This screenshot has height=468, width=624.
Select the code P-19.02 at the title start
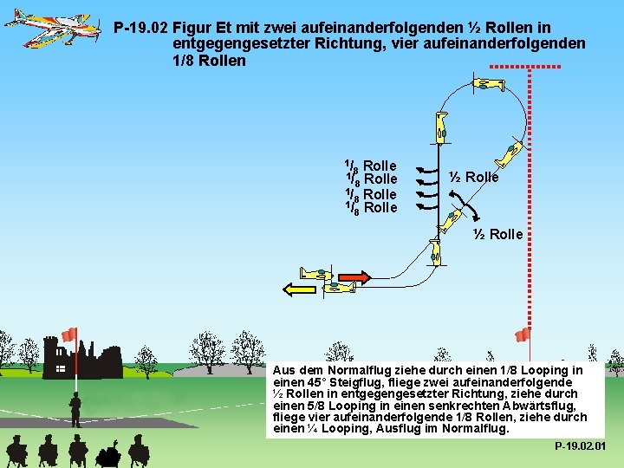(x=142, y=29)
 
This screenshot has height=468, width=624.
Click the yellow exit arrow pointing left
(x=302, y=289)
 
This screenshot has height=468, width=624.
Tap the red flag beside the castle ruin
(x=68, y=335)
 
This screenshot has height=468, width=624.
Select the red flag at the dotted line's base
(x=522, y=335)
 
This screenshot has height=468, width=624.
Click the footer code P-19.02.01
(x=580, y=446)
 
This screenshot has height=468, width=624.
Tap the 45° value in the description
(x=309, y=381)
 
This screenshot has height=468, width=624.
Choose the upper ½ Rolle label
(x=475, y=177)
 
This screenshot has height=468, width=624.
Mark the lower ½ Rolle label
(x=498, y=234)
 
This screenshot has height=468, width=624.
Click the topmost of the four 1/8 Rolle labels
(x=371, y=165)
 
